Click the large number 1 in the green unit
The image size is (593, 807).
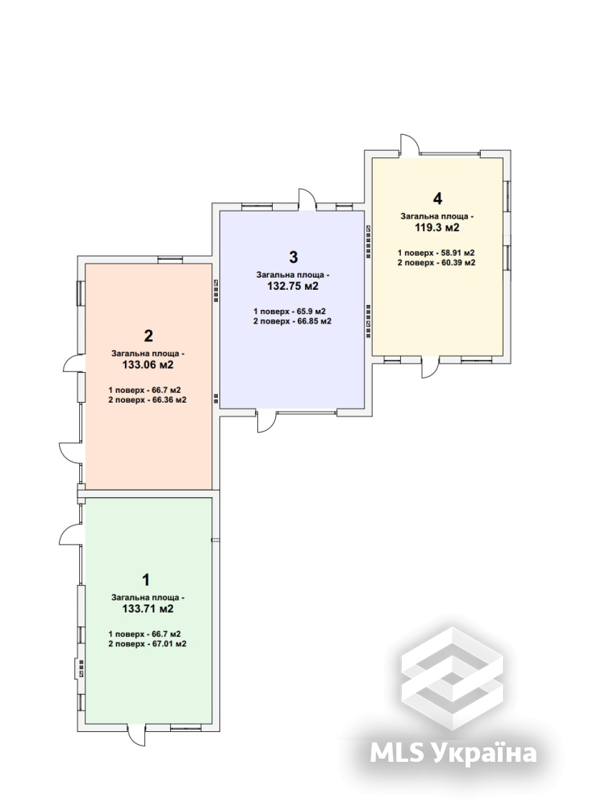[146, 580]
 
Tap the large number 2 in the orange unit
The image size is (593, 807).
[148, 336]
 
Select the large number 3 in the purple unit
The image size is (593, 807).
[294, 257]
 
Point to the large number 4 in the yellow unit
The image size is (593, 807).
[437, 199]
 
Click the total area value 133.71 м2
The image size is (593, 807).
[148, 608]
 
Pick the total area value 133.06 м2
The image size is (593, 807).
[148, 365]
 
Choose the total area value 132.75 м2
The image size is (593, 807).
[293, 286]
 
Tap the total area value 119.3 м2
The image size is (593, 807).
[437, 228]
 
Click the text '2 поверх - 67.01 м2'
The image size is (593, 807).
[148, 644]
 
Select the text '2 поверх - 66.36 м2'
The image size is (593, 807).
[148, 400]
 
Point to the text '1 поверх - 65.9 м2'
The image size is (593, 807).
[290, 312]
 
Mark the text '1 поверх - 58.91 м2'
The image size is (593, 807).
[436, 253]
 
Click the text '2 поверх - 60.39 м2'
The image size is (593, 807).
[436, 262]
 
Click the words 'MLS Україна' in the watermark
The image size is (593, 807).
[453, 753]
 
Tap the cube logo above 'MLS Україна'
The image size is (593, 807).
[452, 678]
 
